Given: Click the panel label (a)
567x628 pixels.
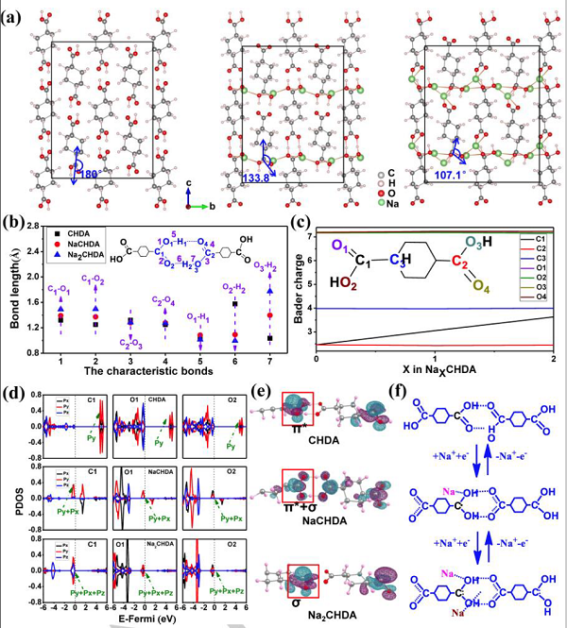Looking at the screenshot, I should [15, 15].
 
